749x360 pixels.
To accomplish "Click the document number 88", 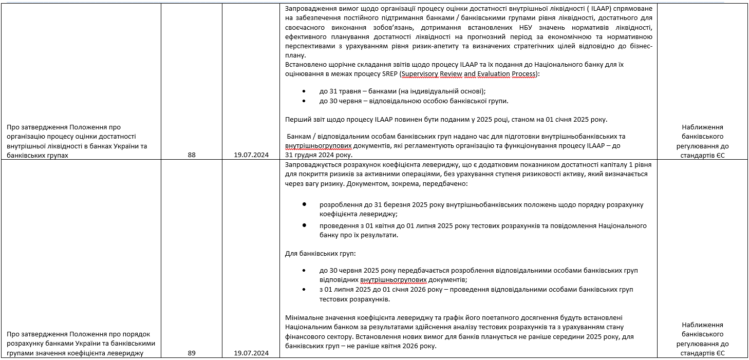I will [192, 155].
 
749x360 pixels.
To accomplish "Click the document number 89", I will [192, 353].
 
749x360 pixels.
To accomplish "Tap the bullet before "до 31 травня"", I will [305, 91].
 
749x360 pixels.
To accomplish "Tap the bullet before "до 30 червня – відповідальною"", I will [305, 101].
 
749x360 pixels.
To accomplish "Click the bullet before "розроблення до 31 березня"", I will [305, 204].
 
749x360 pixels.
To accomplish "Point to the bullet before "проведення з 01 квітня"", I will [305, 225].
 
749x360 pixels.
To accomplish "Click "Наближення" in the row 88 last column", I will [702, 127].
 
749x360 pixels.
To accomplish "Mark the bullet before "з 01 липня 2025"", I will [305, 289].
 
